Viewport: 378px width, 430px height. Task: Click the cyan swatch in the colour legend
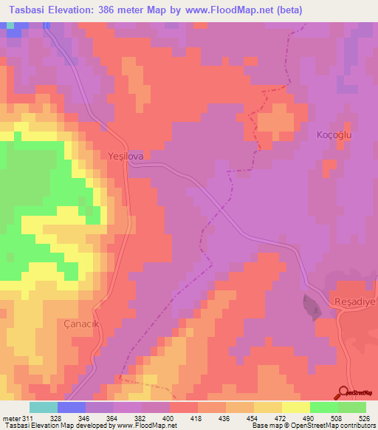[x=43, y=407]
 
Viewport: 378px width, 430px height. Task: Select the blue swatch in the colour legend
[x=71, y=407]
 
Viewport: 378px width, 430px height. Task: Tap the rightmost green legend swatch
[x=352, y=407]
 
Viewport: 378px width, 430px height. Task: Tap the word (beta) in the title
[x=288, y=10]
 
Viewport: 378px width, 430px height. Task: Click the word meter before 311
[x=11, y=418]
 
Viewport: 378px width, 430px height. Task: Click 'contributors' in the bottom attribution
[x=358, y=426]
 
